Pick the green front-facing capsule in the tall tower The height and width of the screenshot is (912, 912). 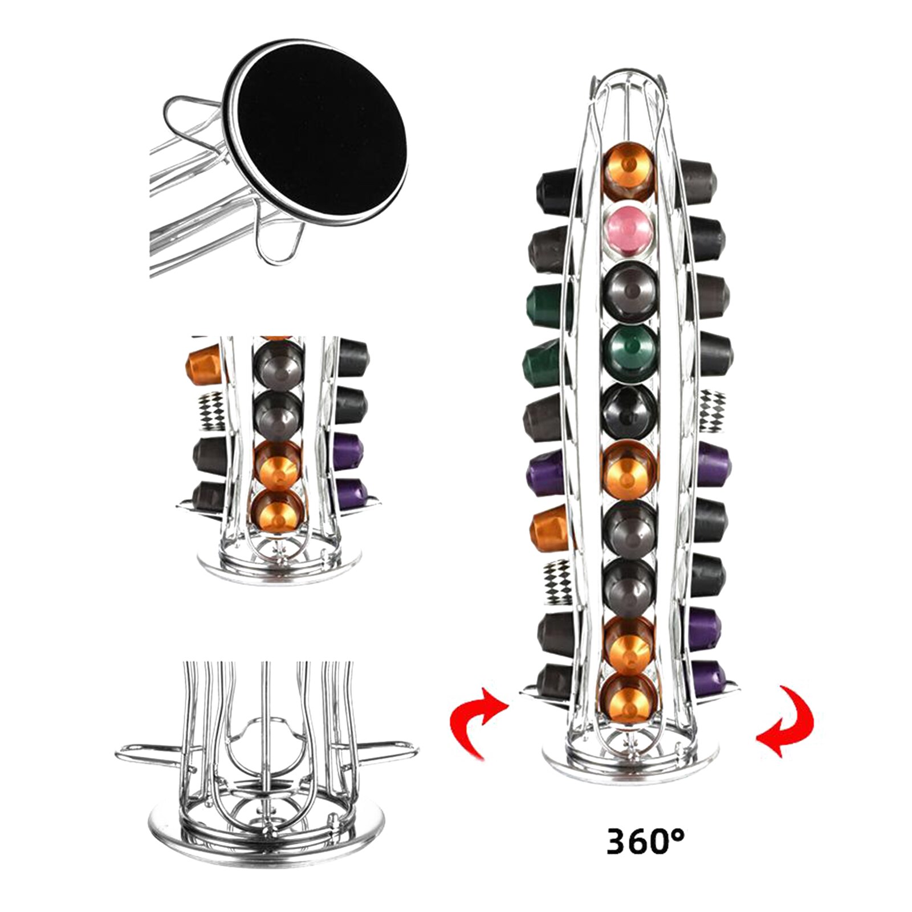point(630,352)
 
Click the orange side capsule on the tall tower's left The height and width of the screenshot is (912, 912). point(551,527)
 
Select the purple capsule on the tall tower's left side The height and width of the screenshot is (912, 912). point(548,472)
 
